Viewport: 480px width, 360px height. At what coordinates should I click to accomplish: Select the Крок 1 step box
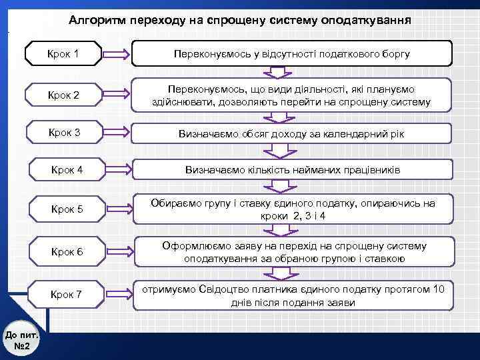click(x=63, y=53)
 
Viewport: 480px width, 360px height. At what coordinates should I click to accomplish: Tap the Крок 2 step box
click(x=63, y=95)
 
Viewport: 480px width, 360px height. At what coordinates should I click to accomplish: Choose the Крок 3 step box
click(x=63, y=133)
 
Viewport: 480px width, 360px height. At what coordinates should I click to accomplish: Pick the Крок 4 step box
click(x=67, y=170)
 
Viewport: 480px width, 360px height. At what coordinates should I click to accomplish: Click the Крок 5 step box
click(x=67, y=209)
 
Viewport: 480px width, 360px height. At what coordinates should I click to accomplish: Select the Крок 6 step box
click(x=67, y=251)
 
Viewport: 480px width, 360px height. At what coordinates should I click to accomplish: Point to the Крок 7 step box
click(x=67, y=294)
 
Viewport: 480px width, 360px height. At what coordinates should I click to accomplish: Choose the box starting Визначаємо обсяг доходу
click(x=291, y=133)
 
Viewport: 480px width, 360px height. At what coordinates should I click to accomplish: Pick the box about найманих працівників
click(x=291, y=171)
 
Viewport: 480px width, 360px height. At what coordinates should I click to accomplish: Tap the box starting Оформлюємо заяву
click(x=294, y=252)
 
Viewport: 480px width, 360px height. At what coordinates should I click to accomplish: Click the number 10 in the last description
click(x=438, y=289)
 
